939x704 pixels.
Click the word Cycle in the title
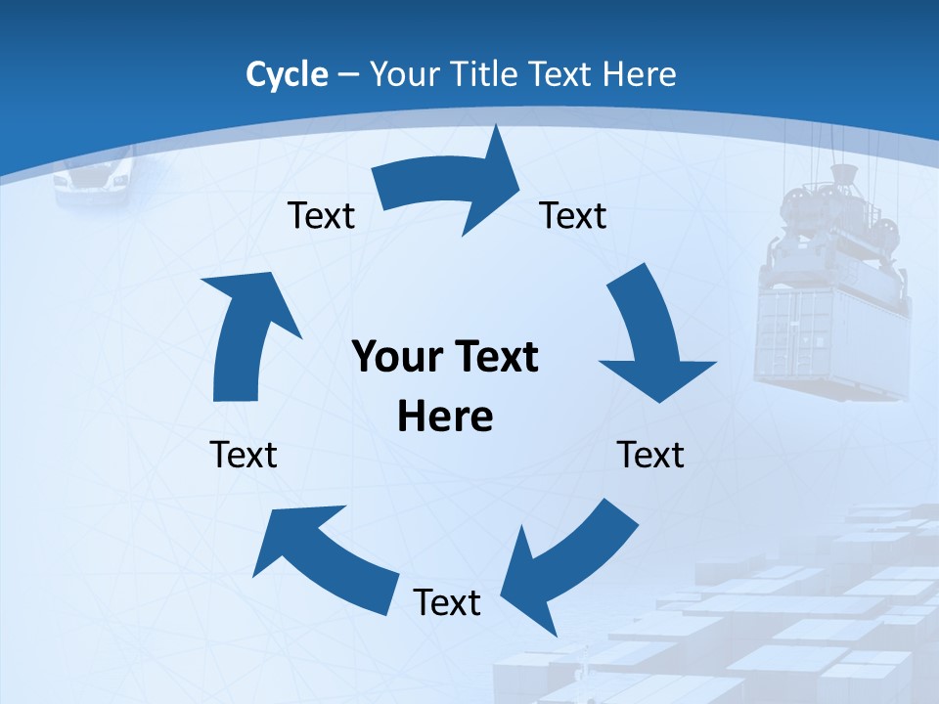tap(287, 74)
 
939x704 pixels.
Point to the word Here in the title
tap(640, 74)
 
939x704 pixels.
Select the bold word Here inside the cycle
tap(445, 417)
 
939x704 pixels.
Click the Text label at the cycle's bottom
tap(447, 602)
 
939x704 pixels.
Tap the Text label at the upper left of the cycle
tap(321, 215)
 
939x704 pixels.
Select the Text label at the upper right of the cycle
tap(573, 215)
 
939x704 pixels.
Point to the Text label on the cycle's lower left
tap(244, 455)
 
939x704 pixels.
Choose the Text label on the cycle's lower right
tap(650, 455)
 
